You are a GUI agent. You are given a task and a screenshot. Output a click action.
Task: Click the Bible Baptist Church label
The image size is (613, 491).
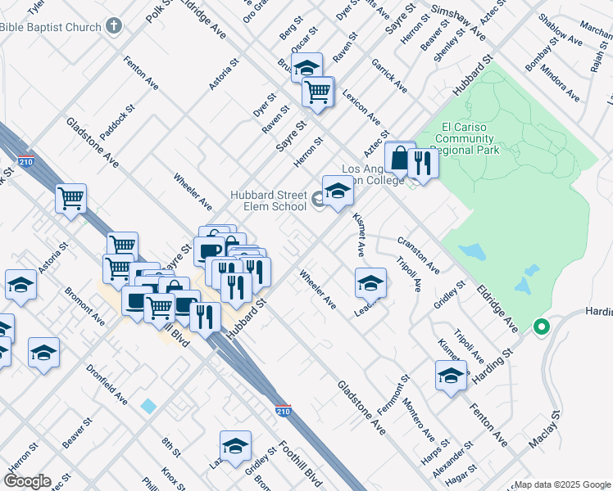click(51, 27)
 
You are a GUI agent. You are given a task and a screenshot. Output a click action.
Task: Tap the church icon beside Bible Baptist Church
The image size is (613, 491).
click(114, 27)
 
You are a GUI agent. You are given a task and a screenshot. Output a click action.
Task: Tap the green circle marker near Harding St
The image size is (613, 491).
click(541, 327)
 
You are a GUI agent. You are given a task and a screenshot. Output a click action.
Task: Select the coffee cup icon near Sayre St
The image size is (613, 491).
click(208, 250)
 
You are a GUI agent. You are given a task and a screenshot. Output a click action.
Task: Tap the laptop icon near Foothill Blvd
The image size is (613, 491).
click(135, 300)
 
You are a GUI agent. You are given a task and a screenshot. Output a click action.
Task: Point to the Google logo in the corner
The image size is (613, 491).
click(27, 481)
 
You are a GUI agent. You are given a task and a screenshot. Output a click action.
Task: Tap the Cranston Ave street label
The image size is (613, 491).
click(419, 256)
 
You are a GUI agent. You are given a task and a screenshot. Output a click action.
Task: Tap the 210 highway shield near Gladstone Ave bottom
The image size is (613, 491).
click(283, 410)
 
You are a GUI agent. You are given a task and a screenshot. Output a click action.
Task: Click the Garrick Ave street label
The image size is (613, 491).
click(388, 75)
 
